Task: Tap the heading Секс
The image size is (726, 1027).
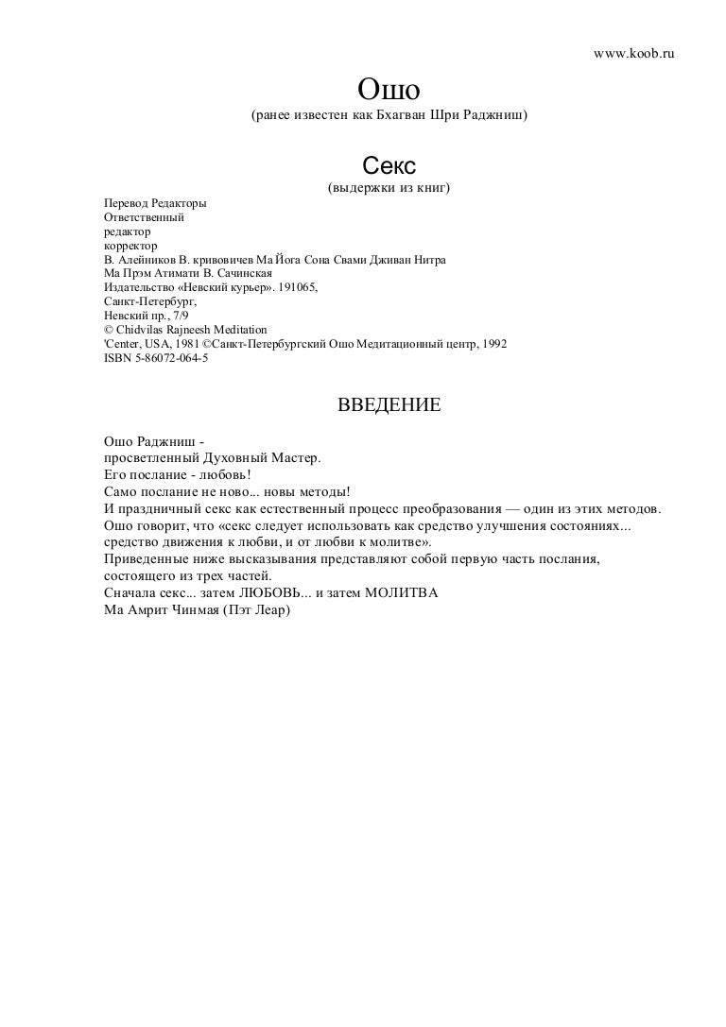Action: [388, 167]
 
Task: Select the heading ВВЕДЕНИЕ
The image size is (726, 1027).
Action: [389, 406]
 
